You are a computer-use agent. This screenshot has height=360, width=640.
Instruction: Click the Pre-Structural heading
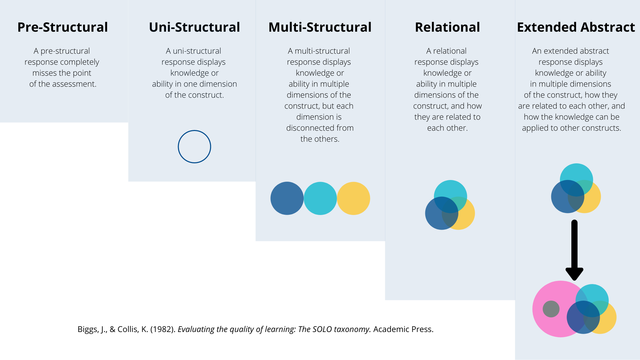point(63,27)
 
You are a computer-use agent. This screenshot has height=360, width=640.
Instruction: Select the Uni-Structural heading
point(194,27)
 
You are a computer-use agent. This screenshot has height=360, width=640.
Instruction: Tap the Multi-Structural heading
point(320,27)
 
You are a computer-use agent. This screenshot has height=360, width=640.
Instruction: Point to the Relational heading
point(447,27)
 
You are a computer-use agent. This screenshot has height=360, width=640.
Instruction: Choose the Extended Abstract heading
point(576,27)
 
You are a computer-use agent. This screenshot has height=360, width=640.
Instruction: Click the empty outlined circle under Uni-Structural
point(194,147)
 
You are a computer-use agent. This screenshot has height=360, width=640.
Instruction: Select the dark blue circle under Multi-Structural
point(287,198)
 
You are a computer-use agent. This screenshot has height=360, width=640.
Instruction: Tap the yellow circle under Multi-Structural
point(354,198)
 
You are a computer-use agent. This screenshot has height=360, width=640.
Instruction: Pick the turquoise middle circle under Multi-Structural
point(320,198)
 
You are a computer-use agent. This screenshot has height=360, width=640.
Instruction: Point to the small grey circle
point(551,309)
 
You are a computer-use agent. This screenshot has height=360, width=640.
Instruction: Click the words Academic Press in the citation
point(403,329)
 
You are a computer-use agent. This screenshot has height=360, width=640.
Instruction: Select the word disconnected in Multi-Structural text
point(308,128)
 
